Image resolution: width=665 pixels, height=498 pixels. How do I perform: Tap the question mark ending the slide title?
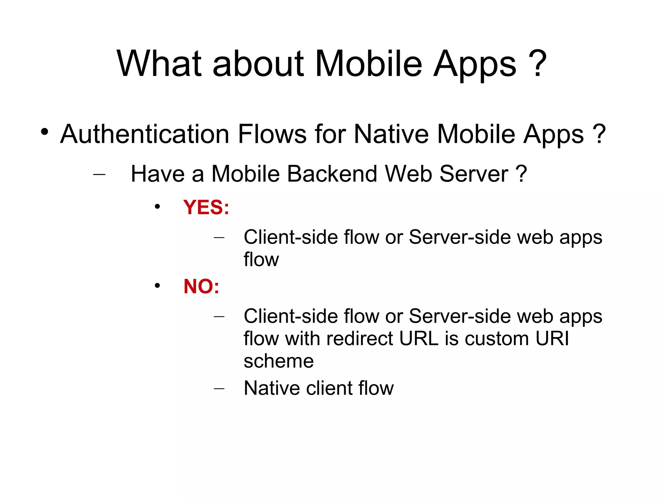click(537, 63)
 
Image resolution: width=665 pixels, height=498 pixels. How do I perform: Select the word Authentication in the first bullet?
click(145, 134)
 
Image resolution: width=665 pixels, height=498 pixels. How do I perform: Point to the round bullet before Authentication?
click(44, 132)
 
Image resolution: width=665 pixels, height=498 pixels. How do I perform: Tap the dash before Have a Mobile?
click(99, 174)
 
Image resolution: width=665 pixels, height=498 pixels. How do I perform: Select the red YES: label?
click(206, 207)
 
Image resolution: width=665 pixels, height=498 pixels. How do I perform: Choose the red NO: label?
click(201, 286)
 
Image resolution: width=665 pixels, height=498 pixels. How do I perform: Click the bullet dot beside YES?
click(157, 207)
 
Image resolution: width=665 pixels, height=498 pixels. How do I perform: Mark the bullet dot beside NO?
click(157, 286)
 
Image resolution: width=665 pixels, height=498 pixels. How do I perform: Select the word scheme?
click(279, 361)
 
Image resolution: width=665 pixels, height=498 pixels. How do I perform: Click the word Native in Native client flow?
click(271, 388)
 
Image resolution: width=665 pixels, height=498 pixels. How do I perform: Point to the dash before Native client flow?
click(219, 388)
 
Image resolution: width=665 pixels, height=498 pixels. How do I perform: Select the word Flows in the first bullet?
click(272, 134)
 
